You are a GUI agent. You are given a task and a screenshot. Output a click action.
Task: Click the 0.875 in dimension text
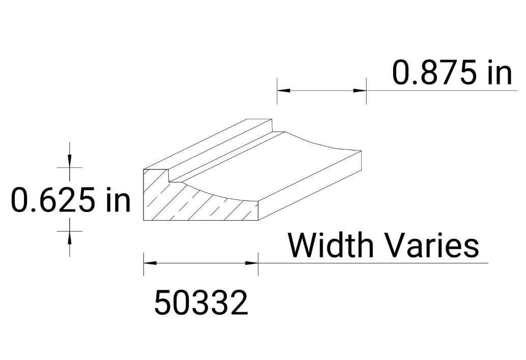pos(452,72)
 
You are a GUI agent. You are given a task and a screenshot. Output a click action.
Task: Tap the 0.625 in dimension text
pos(71,199)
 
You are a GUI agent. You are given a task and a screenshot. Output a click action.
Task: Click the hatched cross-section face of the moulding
pos(198,206)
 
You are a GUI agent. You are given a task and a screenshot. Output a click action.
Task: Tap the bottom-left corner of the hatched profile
pos(144,220)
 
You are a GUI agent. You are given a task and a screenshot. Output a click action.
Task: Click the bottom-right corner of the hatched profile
pos(257,220)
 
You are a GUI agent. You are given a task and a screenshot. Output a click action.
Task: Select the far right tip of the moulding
pos(361,152)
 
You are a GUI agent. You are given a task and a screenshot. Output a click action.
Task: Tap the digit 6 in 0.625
pos(43,199)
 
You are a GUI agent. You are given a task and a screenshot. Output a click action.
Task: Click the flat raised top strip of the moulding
pos(214,145)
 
